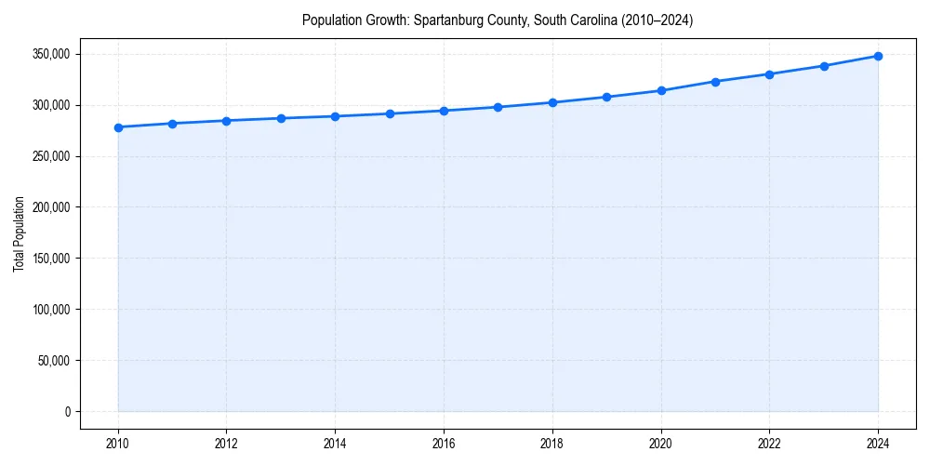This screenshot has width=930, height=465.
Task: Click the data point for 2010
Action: tap(118, 127)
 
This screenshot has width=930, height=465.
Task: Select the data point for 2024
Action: tap(878, 56)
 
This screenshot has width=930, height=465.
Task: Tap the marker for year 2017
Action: tap(498, 107)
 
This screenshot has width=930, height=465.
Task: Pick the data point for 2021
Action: tap(715, 82)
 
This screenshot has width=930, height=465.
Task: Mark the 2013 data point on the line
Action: tap(281, 118)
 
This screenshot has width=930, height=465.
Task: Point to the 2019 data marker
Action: tap(606, 97)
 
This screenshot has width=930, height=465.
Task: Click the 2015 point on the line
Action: tap(390, 113)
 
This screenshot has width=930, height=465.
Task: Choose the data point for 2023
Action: tap(824, 66)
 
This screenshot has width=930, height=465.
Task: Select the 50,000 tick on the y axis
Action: tap(54, 361)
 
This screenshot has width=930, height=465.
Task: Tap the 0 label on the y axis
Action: tap(67, 412)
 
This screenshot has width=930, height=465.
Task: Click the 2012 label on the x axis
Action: tap(226, 444)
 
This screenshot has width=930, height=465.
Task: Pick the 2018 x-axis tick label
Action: tap(552, 444)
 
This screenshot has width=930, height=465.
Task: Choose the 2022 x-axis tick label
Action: tap(769, 444)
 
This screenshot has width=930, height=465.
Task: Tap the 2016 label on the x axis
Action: tap(444, 444)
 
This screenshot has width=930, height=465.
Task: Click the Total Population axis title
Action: tap(20, 233)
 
